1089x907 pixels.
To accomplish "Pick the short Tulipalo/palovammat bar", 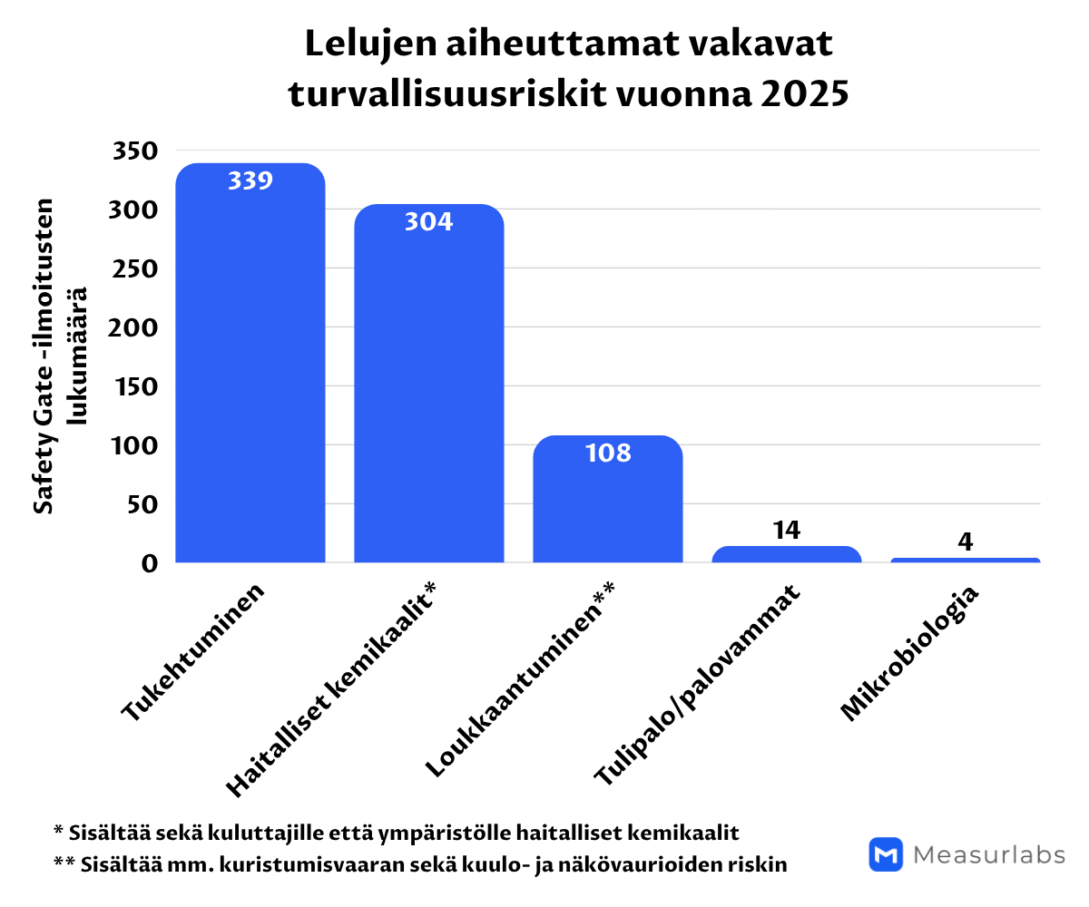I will click(x=786, y=554).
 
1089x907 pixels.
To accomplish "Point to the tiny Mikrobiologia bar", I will click(x=965, y=560).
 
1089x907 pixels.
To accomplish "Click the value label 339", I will click(x=250, y=180).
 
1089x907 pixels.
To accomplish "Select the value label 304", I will click(x=428, y=221).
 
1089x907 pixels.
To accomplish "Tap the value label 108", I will click(x=607, y=453).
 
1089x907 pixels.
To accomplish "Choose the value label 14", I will click(x=786, y=530).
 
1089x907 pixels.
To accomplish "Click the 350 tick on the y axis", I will click(x=135, y=151).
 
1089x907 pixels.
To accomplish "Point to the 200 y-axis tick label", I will click(x=135, y=327).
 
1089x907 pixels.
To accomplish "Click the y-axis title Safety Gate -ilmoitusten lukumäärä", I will click(x=60, y=356).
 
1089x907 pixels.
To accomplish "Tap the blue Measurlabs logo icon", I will click(x=886, y=854).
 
